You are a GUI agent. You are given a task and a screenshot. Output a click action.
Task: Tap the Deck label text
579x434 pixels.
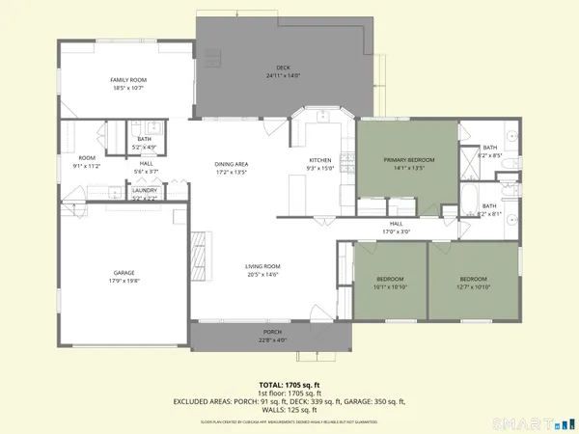(x=284, y=68)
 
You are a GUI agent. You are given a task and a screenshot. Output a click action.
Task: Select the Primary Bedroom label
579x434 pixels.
(x=408, y=159)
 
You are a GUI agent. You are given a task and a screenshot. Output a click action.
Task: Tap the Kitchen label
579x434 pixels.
(x=320, y=159)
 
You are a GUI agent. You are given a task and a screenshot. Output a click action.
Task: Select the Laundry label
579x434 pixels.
(x=146, y=190)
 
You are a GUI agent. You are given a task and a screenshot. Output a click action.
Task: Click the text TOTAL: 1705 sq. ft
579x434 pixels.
(x=289, y=383)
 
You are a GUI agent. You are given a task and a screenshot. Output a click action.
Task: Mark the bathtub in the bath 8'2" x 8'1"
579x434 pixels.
(x=469, y=203)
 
